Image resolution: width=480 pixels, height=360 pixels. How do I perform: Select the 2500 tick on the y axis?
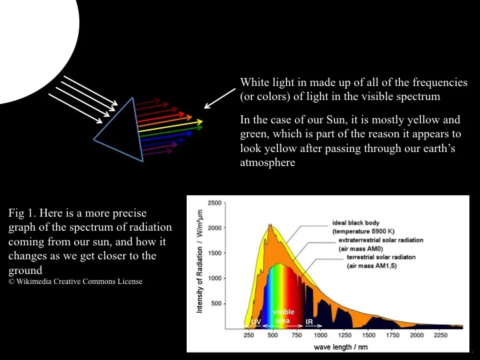(x=215, y=203)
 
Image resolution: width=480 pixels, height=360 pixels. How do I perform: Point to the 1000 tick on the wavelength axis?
(x=321, y=336)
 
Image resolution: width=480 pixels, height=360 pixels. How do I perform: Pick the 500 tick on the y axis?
(x=217, y=303)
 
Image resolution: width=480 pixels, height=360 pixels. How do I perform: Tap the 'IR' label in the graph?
(x=309, y=322)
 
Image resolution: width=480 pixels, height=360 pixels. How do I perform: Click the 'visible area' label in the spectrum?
(x=279, y=315)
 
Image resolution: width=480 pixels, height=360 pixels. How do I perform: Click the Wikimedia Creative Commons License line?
(x=75, y=281)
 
